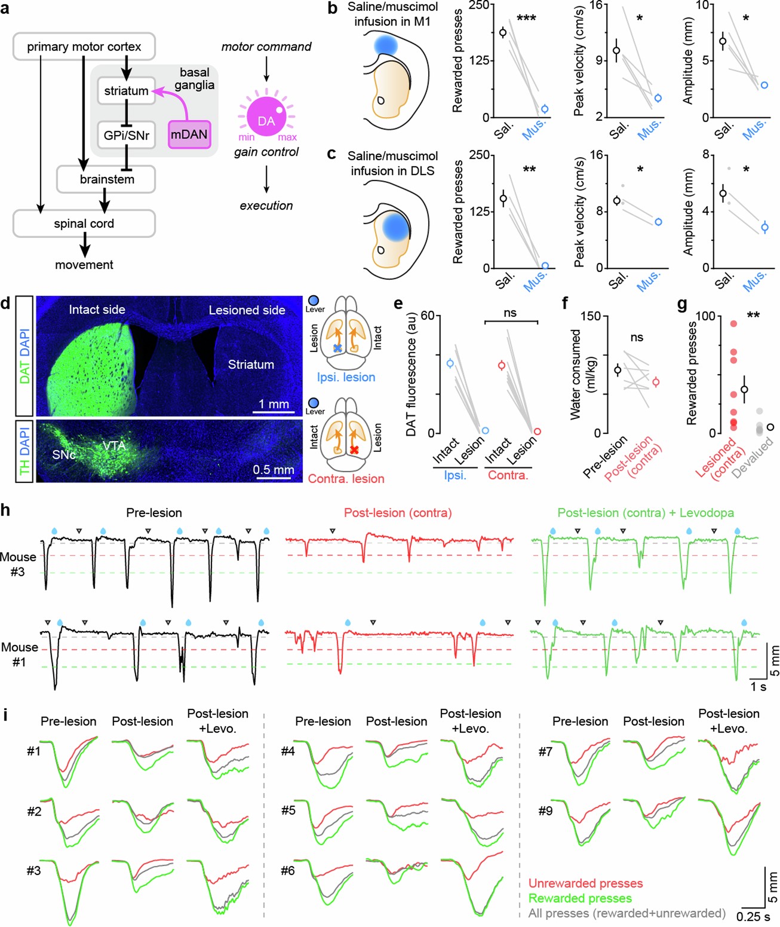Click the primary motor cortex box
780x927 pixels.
[84, 47]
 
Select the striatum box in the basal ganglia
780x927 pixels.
[126, 91]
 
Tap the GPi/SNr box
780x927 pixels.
[126, 135]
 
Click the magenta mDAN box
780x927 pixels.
[189, 134]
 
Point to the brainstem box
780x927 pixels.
[107, 179]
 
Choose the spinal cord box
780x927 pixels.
[84, 224]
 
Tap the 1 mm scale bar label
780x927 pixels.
[274, 404]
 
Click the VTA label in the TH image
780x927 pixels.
[114, 446]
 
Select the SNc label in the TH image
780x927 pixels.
[64, 455]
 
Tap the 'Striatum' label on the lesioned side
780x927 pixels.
[251, 365]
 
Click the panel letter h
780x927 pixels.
[5, 510]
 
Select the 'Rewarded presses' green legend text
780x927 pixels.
[580, 898]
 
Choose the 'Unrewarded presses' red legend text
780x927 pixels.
[585, 883]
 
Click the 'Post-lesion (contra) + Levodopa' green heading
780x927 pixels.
[646, 513]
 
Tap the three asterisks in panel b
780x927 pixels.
[526, 19]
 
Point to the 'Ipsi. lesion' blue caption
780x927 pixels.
[346, 377]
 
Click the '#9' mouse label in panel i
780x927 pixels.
[545, 811]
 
